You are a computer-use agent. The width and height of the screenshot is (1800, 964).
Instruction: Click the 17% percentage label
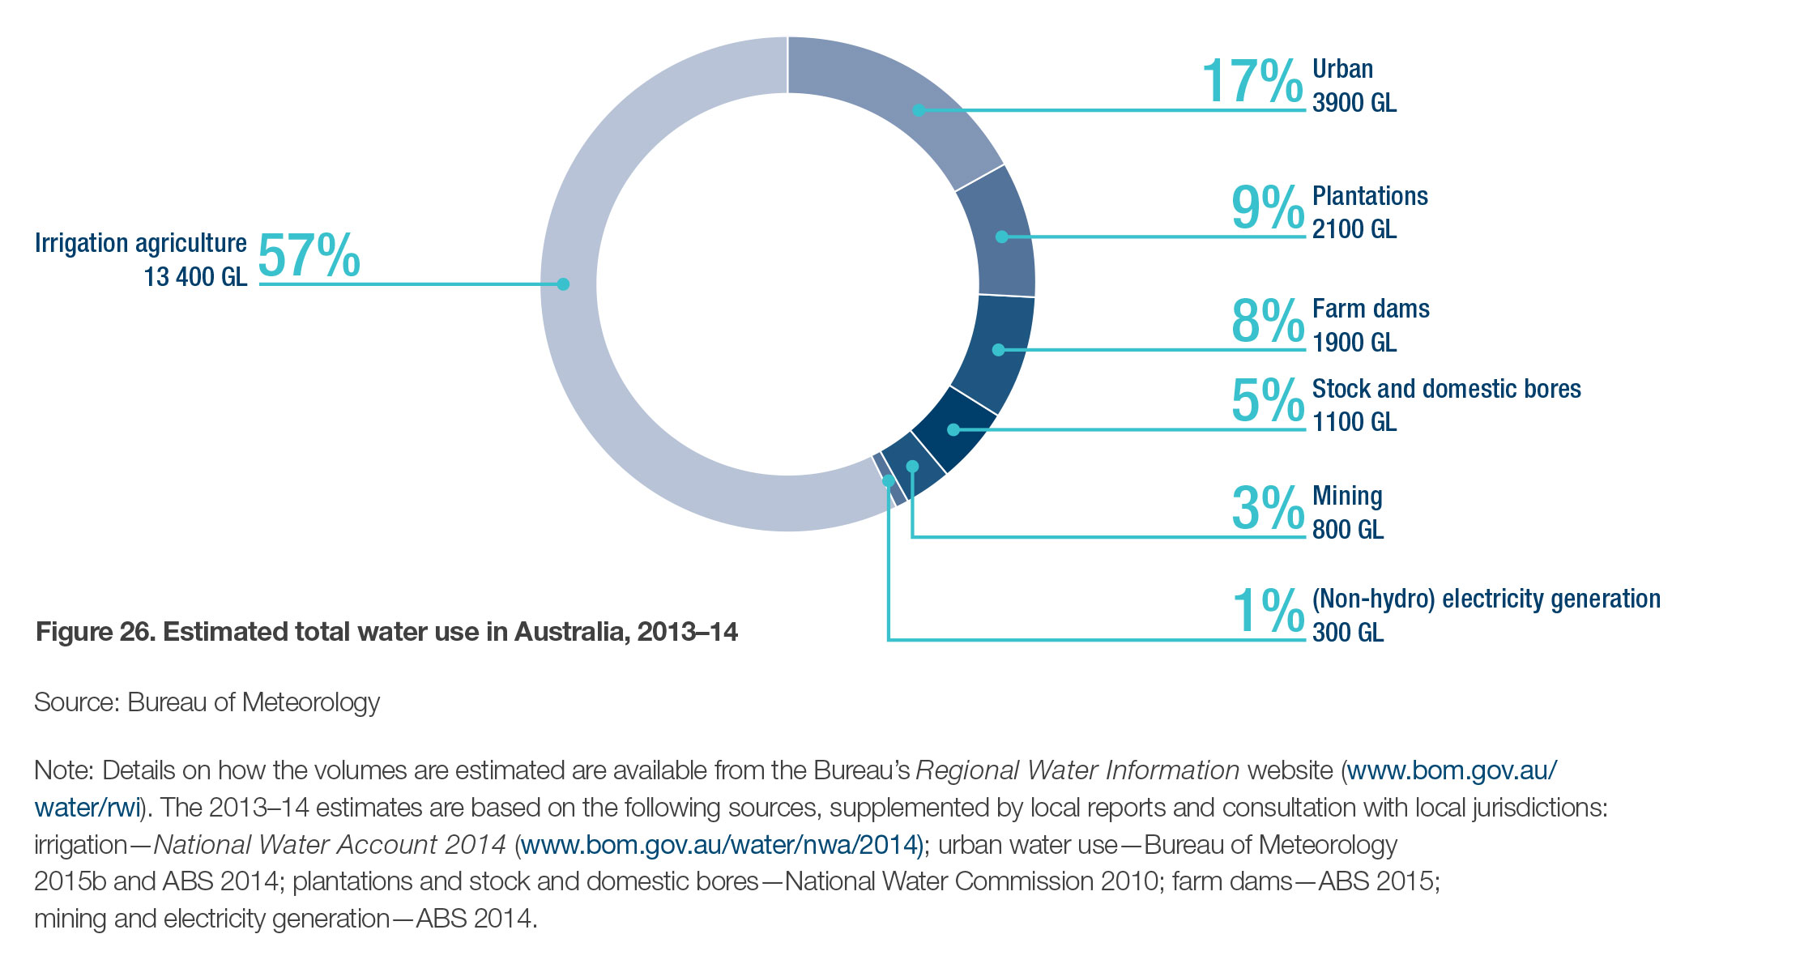(x=1252, y=81)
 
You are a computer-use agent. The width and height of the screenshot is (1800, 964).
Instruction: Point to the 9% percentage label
(x=1268, y=207)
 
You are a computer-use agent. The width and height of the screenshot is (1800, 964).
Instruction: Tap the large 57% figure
(x=309, y=256)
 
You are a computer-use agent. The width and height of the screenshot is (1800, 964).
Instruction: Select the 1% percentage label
(x=1268, y=610)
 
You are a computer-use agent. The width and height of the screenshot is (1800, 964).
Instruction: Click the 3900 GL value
(x=1354, y=104)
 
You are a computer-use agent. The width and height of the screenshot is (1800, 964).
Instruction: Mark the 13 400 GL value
(x=195, y=277)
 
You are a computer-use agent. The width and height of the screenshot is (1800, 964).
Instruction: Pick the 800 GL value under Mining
(x=1348, y=530)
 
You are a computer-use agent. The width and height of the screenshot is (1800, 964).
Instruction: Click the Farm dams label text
(x=1371, y=309)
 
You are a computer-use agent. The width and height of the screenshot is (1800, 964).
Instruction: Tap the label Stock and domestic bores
(x=1446, y=389)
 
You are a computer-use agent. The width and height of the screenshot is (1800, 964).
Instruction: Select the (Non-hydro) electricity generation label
(x=1486, y=599)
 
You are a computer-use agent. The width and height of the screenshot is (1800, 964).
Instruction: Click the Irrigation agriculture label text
(x=140, y=243)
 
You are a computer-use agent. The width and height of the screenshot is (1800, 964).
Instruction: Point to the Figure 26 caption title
(x=386, y=632)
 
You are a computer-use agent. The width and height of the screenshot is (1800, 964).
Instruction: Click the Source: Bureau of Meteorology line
(x=207, y=702)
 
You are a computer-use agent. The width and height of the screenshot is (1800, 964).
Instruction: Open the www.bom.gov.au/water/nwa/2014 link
(x=719, y=845)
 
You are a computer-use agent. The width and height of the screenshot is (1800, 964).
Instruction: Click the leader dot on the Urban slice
(x=919, y=110)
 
